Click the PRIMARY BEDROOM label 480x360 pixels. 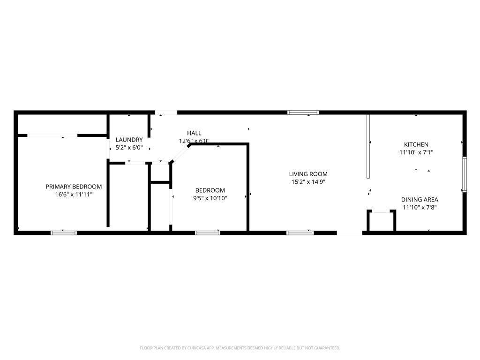[x=74, y=187]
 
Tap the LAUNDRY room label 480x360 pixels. [x=129, y=140]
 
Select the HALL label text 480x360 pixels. [x=194, y=133]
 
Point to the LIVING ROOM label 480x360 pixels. [x=308, y=174]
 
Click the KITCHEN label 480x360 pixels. [x=416, y=145]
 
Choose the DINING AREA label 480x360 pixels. [x=420, y=200]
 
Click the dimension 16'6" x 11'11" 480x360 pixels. [x=74, y=194]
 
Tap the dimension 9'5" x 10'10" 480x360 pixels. [x=210, y=198]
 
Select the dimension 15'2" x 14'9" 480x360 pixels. [x=308, y=181]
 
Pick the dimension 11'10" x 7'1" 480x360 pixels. [x=416, y=152]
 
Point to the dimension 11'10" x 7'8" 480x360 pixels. [x=420, y=207]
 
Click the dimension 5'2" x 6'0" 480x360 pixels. [x=129, y=147]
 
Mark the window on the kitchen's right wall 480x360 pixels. [x=464, y=174]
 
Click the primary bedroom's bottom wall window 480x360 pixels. [x=64, y=232]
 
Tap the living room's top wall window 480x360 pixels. [x=303, y=112]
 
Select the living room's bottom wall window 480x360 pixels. [x=300, y=232]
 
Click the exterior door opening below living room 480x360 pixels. [x=349, y=232]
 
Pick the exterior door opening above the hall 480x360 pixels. [x=166, y=112]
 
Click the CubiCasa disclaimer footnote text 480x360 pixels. [x=240, y=348]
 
